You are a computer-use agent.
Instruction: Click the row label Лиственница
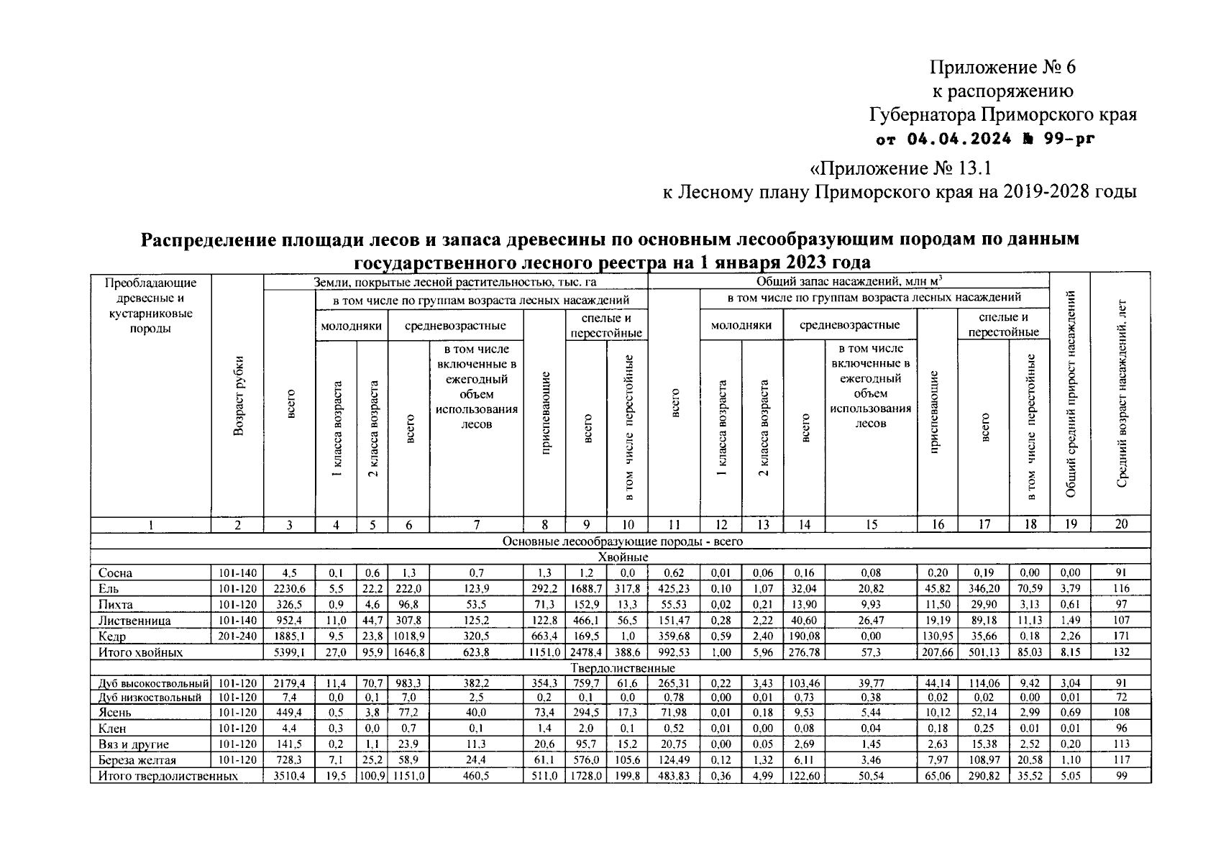134,621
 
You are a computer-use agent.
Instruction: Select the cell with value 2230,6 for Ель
289,588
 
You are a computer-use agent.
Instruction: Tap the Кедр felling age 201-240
237,636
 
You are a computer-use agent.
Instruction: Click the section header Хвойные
623,557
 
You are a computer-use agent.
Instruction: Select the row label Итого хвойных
141,652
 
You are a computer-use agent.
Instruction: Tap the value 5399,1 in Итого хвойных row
289,652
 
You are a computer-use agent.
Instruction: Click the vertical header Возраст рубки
237,396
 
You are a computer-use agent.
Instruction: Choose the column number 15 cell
870,525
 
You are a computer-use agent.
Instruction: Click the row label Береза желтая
137,760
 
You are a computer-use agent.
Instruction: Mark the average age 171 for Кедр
1120,636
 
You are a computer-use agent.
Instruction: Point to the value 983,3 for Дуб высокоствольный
408,683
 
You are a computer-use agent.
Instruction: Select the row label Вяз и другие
134,744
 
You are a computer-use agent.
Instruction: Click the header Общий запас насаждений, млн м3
849,282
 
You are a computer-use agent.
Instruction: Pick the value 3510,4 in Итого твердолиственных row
289,776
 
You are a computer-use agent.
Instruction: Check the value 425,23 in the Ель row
674,588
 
